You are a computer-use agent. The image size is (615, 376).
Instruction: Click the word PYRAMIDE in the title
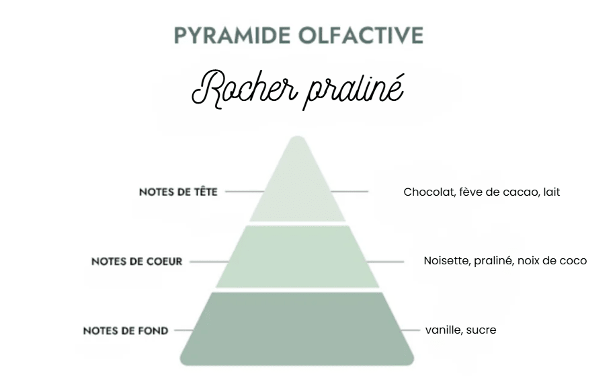pyautogui.click(x=232, y=36)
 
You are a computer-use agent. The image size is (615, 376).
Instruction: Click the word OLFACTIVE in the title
pyautogui.click(x=361, y=36)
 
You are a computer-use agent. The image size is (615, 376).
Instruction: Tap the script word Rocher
pyautogui.click(x=243, y=89)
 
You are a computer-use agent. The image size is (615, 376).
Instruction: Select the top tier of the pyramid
pyautogui.click(x=297, y=184)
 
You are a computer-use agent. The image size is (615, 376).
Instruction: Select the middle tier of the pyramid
pyautogui.click(x=297, y=257)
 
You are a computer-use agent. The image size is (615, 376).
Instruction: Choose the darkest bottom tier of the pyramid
pyautogui.click(x=297, y=328)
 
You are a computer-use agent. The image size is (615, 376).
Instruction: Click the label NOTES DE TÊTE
pyautogui.click(x=178, y=192)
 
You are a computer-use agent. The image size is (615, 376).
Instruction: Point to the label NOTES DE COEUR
pyautogui.click(x=137, y=262)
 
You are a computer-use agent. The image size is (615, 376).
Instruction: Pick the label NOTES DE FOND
pyautogui.click(x=126, y=331)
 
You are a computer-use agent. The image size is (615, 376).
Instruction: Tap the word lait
pyautogui.click(x=551, y=192)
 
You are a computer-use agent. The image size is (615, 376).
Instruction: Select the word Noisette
pyautogui.click(x=447, y=260)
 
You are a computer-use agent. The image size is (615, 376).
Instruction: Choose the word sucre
pyautogui.click(x=482, y=330)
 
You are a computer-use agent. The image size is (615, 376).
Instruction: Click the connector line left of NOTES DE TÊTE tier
pyautogui.click(x=245, y=192)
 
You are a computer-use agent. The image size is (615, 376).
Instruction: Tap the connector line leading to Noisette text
pyautogui.click(x=384, y=262)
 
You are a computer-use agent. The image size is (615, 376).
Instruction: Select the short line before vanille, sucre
pyautogui.click(x=410, y=330)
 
